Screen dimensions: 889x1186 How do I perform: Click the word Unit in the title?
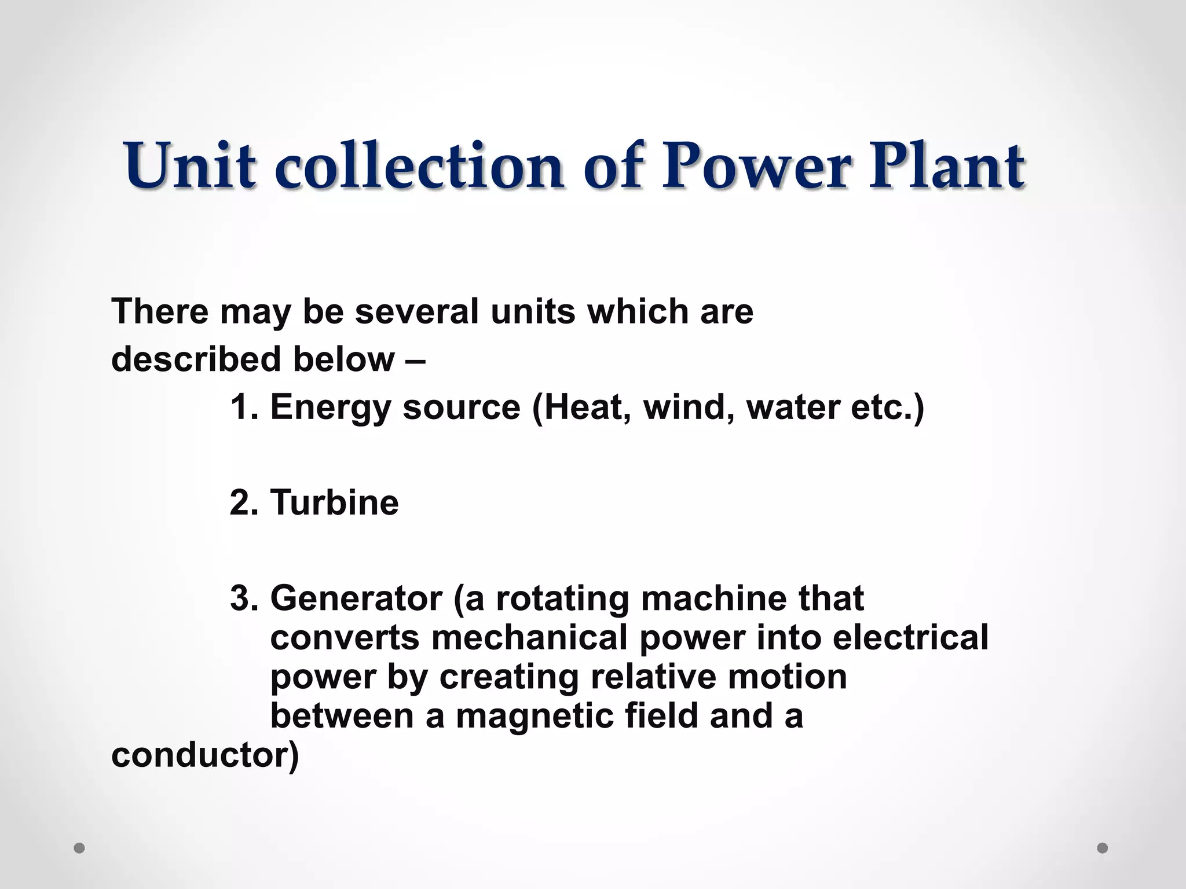coord(189,166)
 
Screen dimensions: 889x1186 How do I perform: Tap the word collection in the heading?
coord(419,166)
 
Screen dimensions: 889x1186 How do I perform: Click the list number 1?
coord(243,407)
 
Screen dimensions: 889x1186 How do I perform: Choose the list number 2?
coord(243,502)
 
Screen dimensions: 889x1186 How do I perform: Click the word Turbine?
coord(335,502)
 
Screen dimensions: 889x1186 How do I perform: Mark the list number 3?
coord(243,598)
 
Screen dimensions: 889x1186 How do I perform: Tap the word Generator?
coord(356,598)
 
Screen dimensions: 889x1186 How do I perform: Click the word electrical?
coord(910,637)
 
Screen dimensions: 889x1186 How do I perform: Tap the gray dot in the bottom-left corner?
coord(80,848)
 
